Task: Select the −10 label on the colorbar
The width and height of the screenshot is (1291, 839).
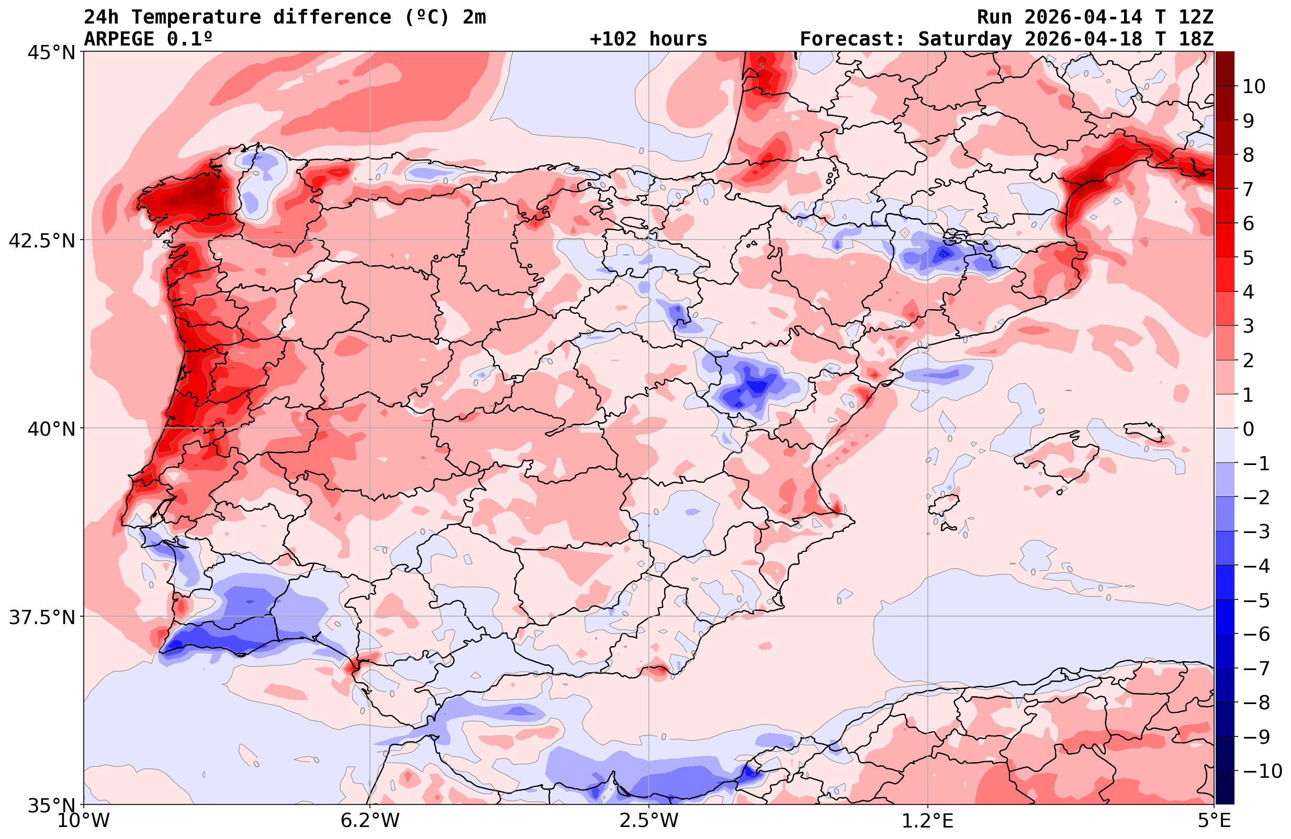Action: click(x=1262, y=771)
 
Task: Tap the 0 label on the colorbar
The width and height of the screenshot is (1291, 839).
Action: click(x=1248, y=429)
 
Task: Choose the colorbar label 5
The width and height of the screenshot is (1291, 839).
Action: click(x=1248, y=258)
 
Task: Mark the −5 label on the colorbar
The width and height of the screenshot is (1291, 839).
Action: click(x=1256, y=600)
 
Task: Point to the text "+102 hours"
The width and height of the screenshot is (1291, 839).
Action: click(x=648, y=39)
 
